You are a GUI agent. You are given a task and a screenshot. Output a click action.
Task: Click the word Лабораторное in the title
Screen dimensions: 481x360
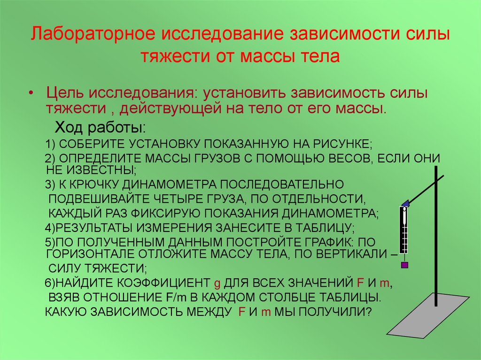93,33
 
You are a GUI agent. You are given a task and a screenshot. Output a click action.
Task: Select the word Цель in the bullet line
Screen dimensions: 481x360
65,93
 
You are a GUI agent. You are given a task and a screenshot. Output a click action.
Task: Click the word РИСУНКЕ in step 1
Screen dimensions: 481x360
342,144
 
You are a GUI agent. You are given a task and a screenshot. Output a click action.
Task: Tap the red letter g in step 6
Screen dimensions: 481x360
217,283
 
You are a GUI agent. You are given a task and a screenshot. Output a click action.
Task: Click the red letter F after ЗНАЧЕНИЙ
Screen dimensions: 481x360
360,283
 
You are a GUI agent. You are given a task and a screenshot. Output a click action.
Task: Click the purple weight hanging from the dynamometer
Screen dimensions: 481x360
404,265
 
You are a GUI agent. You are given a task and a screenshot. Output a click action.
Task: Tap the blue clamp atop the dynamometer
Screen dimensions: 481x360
405,203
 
